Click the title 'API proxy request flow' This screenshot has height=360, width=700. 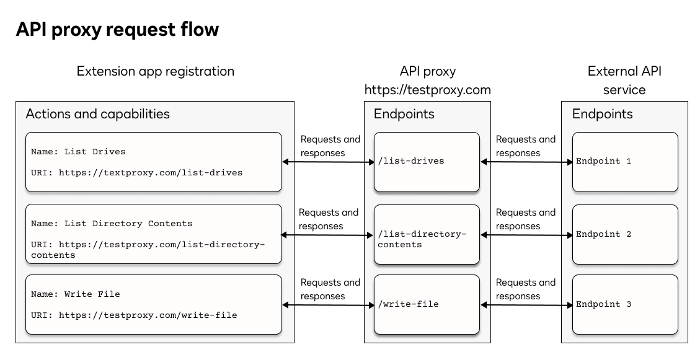(x=117, y=29)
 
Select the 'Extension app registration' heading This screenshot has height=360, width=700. (x=155, y=71)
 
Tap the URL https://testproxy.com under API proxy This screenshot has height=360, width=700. (x=427, y=90)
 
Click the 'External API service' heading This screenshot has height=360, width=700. (x=624, y=81)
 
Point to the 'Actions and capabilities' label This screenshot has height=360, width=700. (x=97, y=114)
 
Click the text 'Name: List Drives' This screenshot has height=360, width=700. (x=78, y=152)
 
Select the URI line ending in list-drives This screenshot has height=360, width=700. (x=136, y=173)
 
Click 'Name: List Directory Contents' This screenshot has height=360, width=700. (x=112, y=224)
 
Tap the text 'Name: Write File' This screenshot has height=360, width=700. (x=76, y=294)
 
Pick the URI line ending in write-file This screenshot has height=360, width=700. (x=134, y=315)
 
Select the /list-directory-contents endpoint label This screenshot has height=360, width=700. (x=421, y=239)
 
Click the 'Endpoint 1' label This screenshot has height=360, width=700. (x=603, y=161)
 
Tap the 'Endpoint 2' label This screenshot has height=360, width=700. (x=603, y=234)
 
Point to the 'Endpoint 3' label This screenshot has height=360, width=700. (x=603, y=304)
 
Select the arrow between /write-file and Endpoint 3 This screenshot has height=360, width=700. (x=526, y=305)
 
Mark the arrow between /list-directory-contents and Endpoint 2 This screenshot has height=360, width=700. (x=526, y=235)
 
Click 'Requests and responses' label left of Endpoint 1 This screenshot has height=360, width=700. (x=526, y=146)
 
